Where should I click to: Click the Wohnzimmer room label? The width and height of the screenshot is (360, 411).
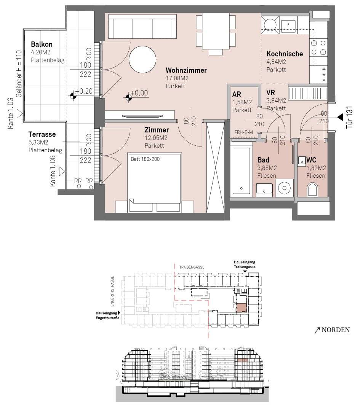(x=186, y=70)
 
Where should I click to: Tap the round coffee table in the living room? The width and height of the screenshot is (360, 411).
(x=142, y=59)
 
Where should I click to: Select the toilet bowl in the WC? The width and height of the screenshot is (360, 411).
(x=312, y=189)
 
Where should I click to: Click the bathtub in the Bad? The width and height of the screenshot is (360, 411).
(x=241, y=170)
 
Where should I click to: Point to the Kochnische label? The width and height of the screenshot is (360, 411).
(x=285, y=54)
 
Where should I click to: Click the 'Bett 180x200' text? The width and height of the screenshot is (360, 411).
(x=145, y=159)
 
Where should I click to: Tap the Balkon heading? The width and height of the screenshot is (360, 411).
(x=42, y=44)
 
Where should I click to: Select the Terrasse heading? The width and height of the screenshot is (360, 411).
(x=42, y=134)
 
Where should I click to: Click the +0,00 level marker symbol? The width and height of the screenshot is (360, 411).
(x=128, y=97)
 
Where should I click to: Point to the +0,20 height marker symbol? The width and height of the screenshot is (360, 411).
(x=73, y=96)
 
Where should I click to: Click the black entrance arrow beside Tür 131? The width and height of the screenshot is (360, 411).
(x=340, y=117)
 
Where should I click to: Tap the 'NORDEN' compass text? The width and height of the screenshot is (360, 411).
(x=336, y=330)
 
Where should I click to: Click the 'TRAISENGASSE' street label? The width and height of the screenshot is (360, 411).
(x=192, y=267)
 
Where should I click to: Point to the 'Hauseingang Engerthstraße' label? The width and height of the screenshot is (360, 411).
(x=107, y=315)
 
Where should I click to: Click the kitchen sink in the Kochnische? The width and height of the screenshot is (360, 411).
(x=288, y=24)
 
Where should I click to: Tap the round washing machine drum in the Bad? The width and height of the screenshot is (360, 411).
(x=284, y=188)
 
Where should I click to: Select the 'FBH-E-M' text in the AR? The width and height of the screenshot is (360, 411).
(x=243, y=132)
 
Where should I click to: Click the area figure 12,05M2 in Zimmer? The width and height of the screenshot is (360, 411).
(x=156, y=138)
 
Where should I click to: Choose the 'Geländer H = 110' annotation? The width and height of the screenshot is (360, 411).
(x=19, y=74)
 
